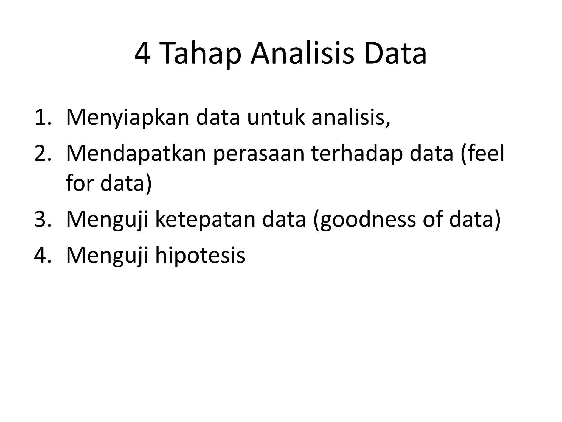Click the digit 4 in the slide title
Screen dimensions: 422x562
143,54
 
